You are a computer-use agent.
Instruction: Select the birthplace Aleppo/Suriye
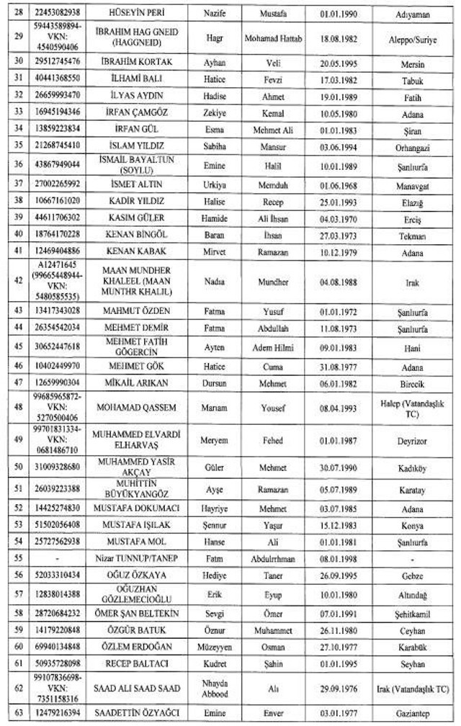point(412,34)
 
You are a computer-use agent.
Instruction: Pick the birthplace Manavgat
point(412,184)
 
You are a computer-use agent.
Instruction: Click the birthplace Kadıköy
point(412,467)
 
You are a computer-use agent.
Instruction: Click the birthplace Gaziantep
point(412,713)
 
